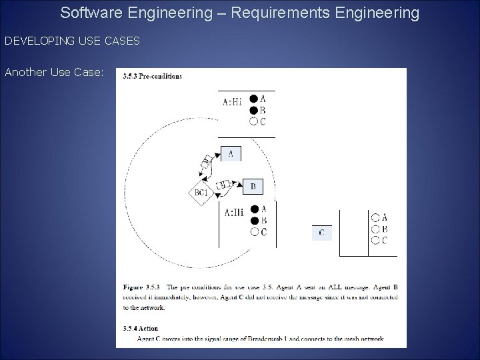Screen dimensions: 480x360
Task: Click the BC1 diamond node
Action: (201, 193)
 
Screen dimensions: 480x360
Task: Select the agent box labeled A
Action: (231, 154)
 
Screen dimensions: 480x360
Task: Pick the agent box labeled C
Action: (322, 233)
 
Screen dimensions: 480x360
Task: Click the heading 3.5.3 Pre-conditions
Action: (153, 77)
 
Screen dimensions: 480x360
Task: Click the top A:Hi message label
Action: (233, 102)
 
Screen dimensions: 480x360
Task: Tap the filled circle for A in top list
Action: (254, 99)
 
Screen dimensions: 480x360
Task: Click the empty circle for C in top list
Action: (254, 121)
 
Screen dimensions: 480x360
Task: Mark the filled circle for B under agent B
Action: (254, 221)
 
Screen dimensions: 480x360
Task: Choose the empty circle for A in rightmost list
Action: (375, 217)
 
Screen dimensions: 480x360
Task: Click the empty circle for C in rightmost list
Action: (375, 240)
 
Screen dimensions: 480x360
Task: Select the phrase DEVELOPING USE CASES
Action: (72, 41)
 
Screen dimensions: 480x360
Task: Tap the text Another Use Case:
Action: (54, 72)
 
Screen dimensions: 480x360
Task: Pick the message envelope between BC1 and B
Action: (225, 184)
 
